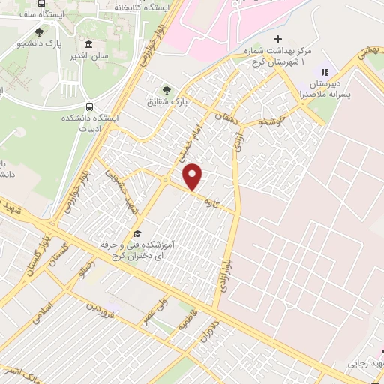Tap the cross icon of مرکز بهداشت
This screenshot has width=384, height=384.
(278, 39)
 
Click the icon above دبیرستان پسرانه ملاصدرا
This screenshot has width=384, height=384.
(324, 72)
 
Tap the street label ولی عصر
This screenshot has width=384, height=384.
(157, 313)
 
